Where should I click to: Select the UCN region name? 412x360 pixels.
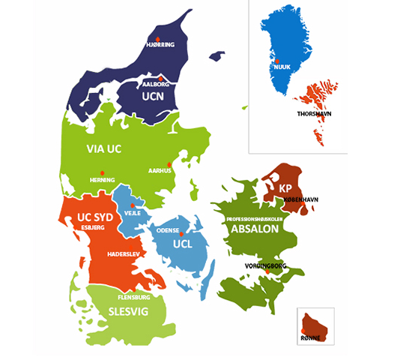(x=153, y=97)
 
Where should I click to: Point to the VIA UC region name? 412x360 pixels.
(x=103, y=148)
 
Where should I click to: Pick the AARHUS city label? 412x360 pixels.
(x=160, y=171)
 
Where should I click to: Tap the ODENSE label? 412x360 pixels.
(x=168, y=231)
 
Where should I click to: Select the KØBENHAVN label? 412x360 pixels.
(x=301, y=199)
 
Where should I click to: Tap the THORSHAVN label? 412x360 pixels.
(x=315, y=114)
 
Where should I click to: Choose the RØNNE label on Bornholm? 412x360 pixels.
(x=311, y=338)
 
